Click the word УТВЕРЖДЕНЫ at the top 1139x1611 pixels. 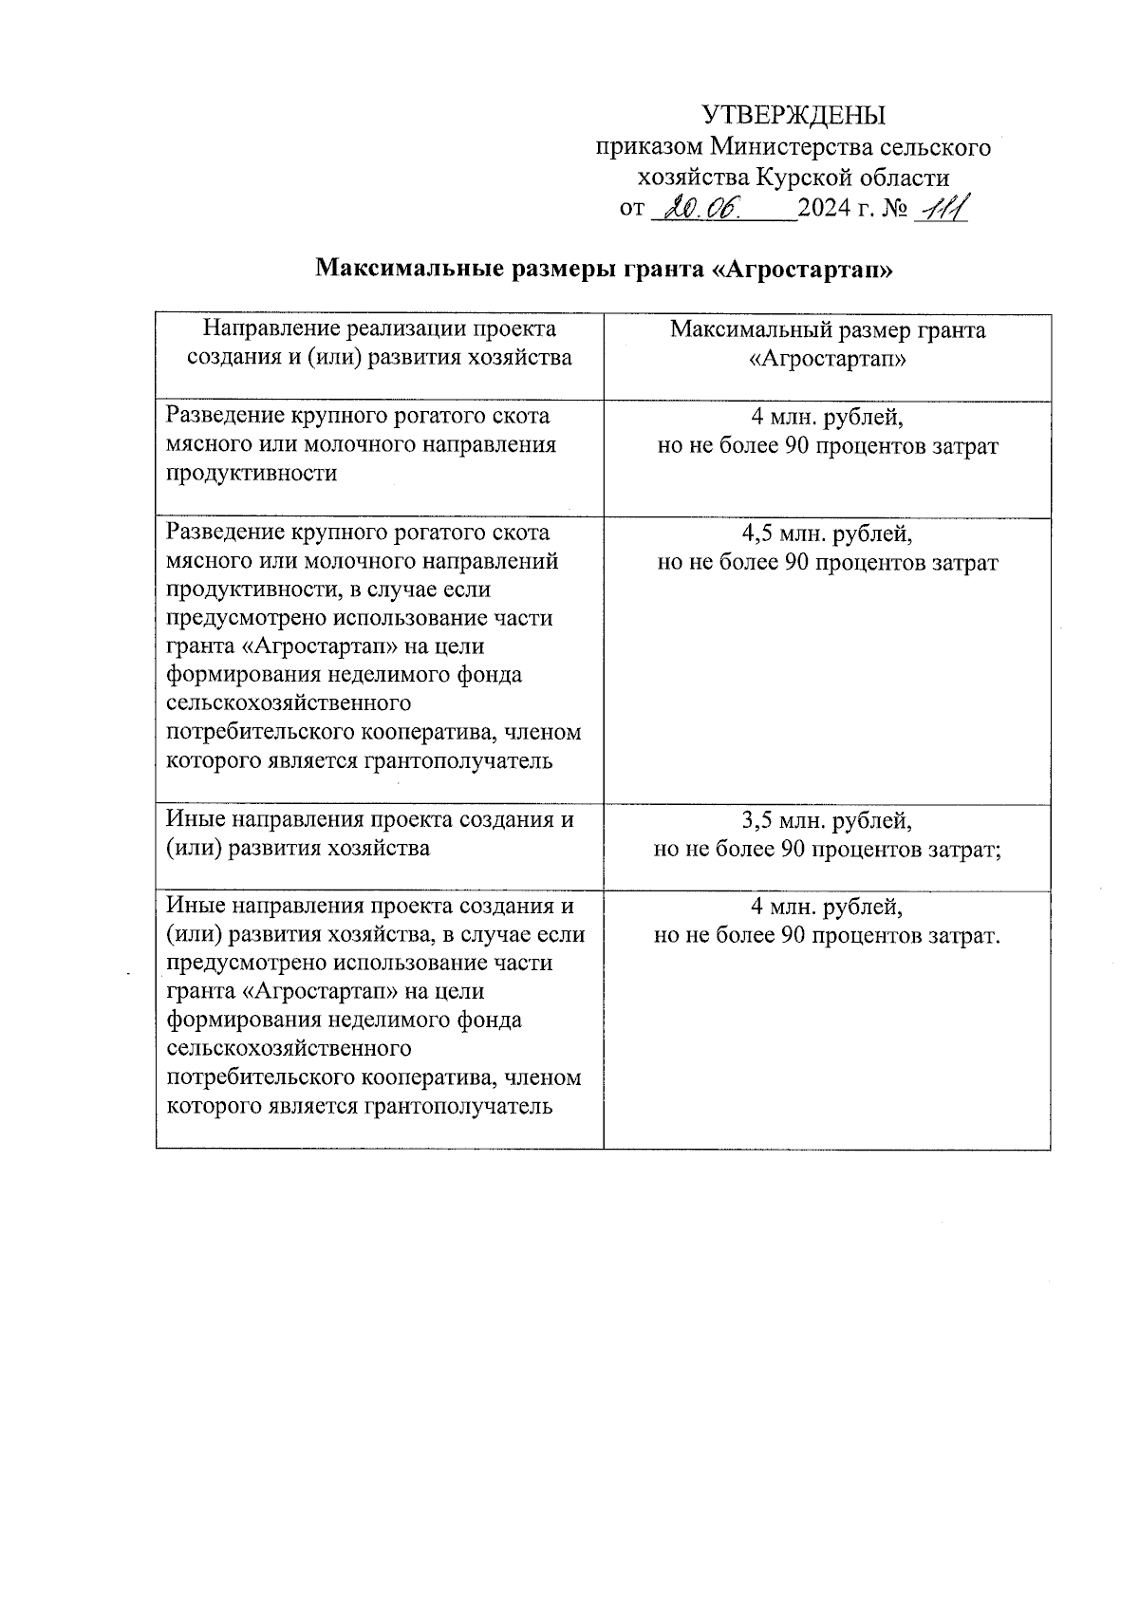793,116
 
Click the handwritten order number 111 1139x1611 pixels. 939,208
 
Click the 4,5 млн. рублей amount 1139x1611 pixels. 827,534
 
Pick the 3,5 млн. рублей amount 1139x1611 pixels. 827,820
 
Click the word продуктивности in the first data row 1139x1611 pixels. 252,474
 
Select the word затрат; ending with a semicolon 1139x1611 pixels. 967,849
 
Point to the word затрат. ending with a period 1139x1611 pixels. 965,936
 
